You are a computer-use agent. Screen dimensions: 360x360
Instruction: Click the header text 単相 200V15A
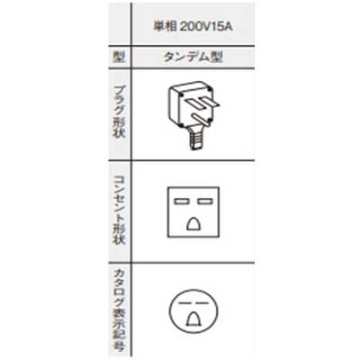pos(193,27)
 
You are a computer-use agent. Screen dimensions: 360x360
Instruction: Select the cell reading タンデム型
pos(193,57)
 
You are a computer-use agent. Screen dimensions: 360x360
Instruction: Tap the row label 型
pos(119,57)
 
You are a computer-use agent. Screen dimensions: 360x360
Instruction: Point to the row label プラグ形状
pos(119,112)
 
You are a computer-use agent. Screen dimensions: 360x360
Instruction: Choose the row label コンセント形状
pos(119,210)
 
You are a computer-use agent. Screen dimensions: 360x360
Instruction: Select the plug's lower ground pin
pos(202,119)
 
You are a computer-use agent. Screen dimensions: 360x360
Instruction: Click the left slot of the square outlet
pos(181,202)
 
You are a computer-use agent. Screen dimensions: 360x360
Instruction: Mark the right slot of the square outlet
pos(205,202)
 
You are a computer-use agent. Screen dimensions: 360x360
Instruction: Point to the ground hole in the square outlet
pos(193,224)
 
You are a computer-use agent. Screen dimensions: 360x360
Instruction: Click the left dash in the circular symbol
pos(183,303)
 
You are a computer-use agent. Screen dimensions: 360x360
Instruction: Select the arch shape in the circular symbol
pos(193,319)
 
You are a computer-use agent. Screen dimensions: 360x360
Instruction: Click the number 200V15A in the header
pos(206,27)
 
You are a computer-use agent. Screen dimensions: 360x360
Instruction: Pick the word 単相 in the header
pos(165,27)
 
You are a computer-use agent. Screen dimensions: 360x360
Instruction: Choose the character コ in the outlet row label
pos(119,181)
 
